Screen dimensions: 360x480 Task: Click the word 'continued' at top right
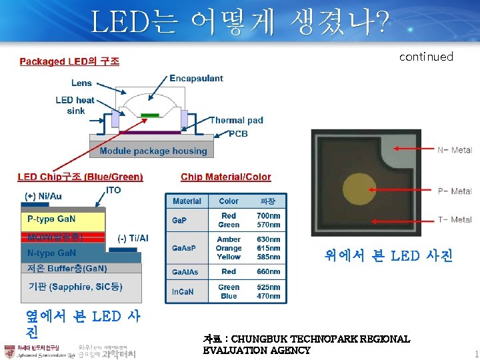pos(426,57)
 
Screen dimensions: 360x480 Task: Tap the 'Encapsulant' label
pos(196,78)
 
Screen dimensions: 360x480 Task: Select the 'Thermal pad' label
pos(236,121)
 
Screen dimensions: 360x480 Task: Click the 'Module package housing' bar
pos(153,151)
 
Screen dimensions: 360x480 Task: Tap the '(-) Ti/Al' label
pos(133,238)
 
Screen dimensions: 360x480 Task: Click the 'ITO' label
pos(114,190)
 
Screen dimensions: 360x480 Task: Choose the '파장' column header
pos(267,201)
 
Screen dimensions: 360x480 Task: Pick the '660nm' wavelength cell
pos(268,271)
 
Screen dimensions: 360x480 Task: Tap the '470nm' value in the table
pos(268,296)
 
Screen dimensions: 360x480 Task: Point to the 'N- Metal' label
pos(454,150)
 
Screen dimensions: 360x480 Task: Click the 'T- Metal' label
pos(454,219)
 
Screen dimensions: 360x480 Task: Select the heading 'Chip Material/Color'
pos(226,177)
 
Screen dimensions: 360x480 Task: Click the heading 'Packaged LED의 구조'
pos(69,61)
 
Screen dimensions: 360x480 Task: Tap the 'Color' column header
pos(229,201)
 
